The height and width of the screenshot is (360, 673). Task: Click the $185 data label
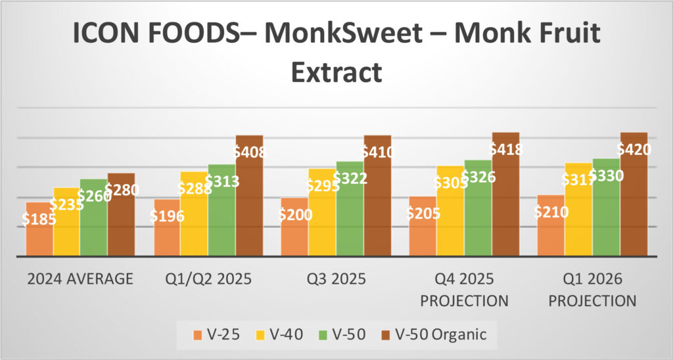(x=39, y=219)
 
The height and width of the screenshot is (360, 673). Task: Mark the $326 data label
(x=478, y=177)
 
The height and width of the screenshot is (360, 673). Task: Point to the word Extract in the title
(x=336, y=71)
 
